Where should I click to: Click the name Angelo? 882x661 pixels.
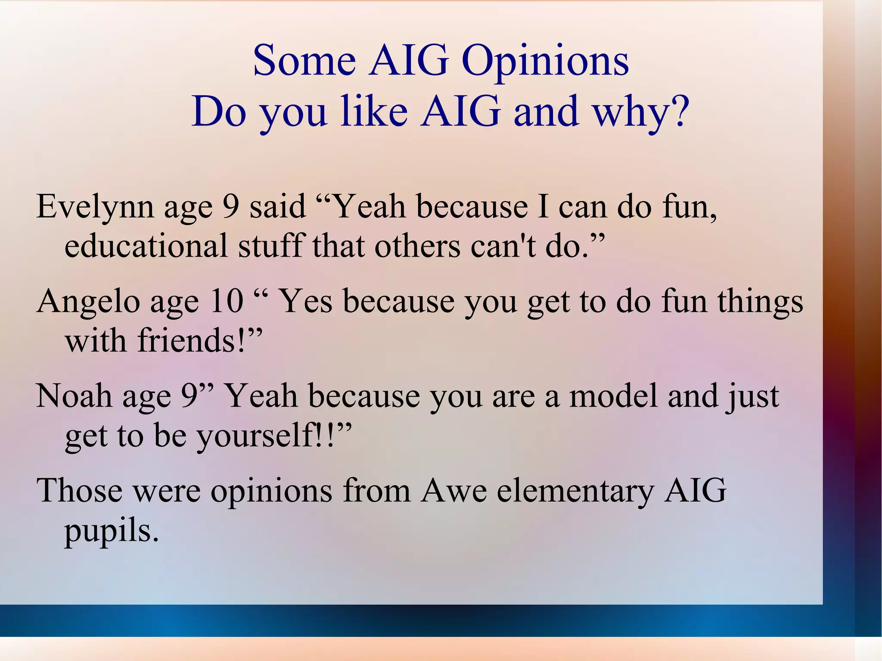88,301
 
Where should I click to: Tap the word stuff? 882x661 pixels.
272,245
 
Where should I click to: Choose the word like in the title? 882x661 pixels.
374,111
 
